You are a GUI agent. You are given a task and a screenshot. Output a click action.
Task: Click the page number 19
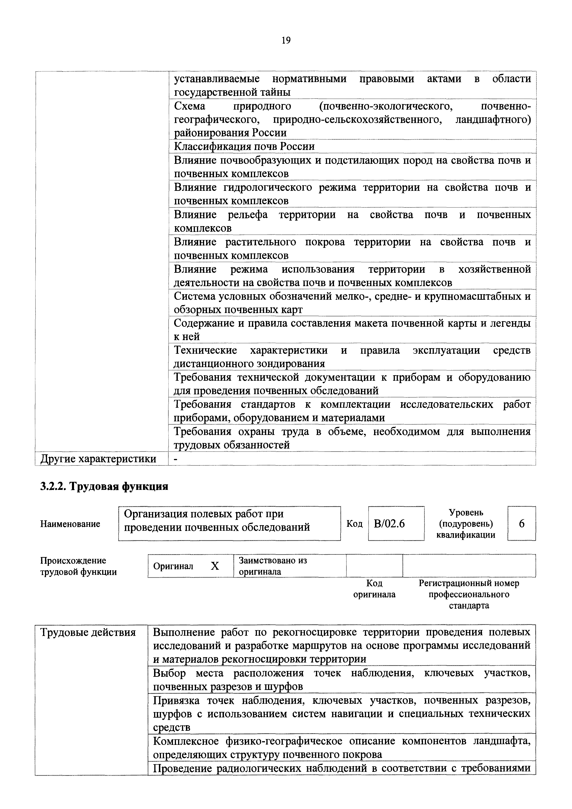[286, 41]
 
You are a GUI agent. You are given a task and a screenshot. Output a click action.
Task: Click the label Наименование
[70, 524]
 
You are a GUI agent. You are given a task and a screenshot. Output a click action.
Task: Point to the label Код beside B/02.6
[354, 524]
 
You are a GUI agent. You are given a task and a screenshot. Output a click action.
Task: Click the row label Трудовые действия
[88, 632]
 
